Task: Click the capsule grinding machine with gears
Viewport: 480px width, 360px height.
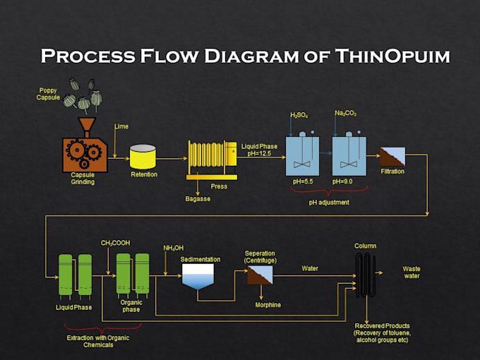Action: (85, 154)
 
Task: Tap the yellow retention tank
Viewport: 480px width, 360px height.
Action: (143, 157)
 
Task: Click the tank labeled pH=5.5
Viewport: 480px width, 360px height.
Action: (302, 155)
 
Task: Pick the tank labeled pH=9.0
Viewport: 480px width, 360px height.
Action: (349, 155)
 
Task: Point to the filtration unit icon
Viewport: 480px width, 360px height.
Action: (392, 157)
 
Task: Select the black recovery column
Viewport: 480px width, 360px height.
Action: (366, 276)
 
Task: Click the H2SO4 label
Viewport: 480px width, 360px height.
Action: (299, 115)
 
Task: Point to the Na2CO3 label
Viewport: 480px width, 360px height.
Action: (345, 113)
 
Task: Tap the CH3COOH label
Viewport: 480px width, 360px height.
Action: (115, 243)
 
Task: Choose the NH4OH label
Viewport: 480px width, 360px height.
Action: (174, 248)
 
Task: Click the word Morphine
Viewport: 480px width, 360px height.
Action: (268, 305)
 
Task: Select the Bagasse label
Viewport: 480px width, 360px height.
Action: (198, 199)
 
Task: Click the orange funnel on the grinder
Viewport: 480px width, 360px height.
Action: (88, 127)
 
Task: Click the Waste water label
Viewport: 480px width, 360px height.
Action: (412, 272)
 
